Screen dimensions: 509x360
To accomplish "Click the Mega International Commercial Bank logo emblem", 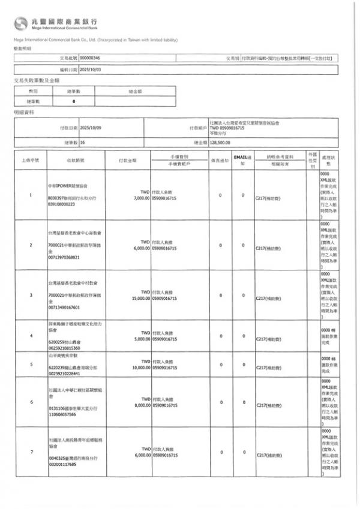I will click(22, 23).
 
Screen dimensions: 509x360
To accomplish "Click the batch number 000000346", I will click(90, 58).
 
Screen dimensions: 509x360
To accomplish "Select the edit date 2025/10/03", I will click(91, 70).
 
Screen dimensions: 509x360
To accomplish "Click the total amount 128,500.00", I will click(220, 143).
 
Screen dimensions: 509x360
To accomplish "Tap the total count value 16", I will click(82, 143).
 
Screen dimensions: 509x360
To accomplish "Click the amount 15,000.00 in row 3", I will click(137, 297).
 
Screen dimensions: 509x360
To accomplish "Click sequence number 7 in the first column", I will click(31, 451).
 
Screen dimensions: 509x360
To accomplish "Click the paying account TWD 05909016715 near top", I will click(227, 128).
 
